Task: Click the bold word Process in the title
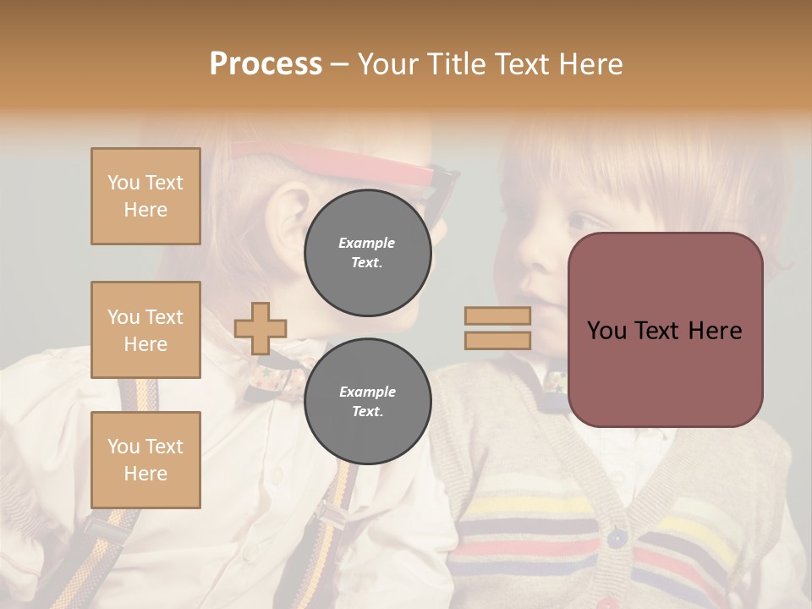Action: (x=266, y=64)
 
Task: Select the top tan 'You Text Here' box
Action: (x=145, y=196)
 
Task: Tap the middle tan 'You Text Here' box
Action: (x=145, y=330)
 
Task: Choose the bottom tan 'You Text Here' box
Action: (x=145, y=459)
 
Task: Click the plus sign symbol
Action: (x=261, y=328)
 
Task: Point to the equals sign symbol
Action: (x=497, y=328)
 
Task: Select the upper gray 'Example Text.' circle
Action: (x=367, y=252)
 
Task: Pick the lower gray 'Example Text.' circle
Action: (x=367, y=401)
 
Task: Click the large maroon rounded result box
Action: (x=665, y=330)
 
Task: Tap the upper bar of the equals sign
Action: (x=497, y=315)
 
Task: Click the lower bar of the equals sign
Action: (x=497, y=341)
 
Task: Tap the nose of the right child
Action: (x=535, y=254)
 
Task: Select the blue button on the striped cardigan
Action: (x=615, y=536)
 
